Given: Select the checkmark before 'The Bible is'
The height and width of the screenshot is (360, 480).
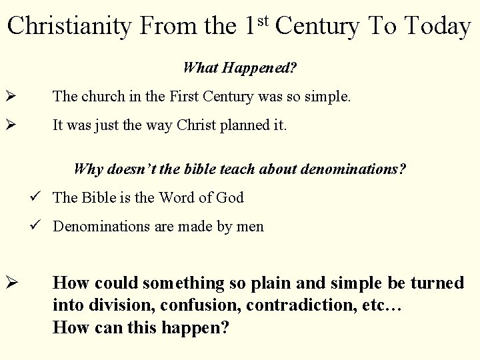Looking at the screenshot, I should (42, 197).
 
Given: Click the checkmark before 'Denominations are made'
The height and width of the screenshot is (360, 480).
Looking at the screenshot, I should (42, 227).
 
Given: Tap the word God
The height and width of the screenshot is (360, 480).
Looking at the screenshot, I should (230, 197).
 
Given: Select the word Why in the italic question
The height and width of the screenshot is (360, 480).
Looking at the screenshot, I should (87, 169).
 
